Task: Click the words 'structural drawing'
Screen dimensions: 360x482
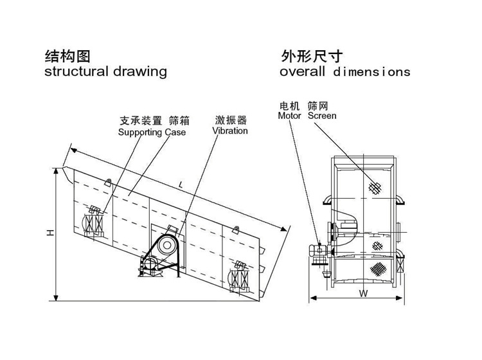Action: tap(105, 71)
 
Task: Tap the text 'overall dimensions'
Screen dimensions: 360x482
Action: tap(344, 71)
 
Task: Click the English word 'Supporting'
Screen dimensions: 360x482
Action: tap(140, 132)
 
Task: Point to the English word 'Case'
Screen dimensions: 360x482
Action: tap(174, 132)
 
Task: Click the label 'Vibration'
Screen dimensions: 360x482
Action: tap(229, 130)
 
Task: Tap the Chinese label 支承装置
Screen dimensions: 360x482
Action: tap(141, 121)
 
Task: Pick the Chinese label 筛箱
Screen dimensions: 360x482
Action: tap(179, 121)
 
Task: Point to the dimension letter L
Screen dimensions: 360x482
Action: tap(181, 185)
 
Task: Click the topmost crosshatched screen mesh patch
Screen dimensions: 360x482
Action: tap(377, 187)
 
